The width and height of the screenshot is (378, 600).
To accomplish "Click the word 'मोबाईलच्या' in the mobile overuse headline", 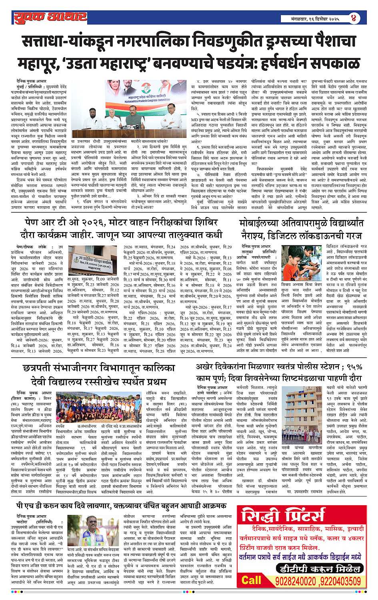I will tap(267, 223).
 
